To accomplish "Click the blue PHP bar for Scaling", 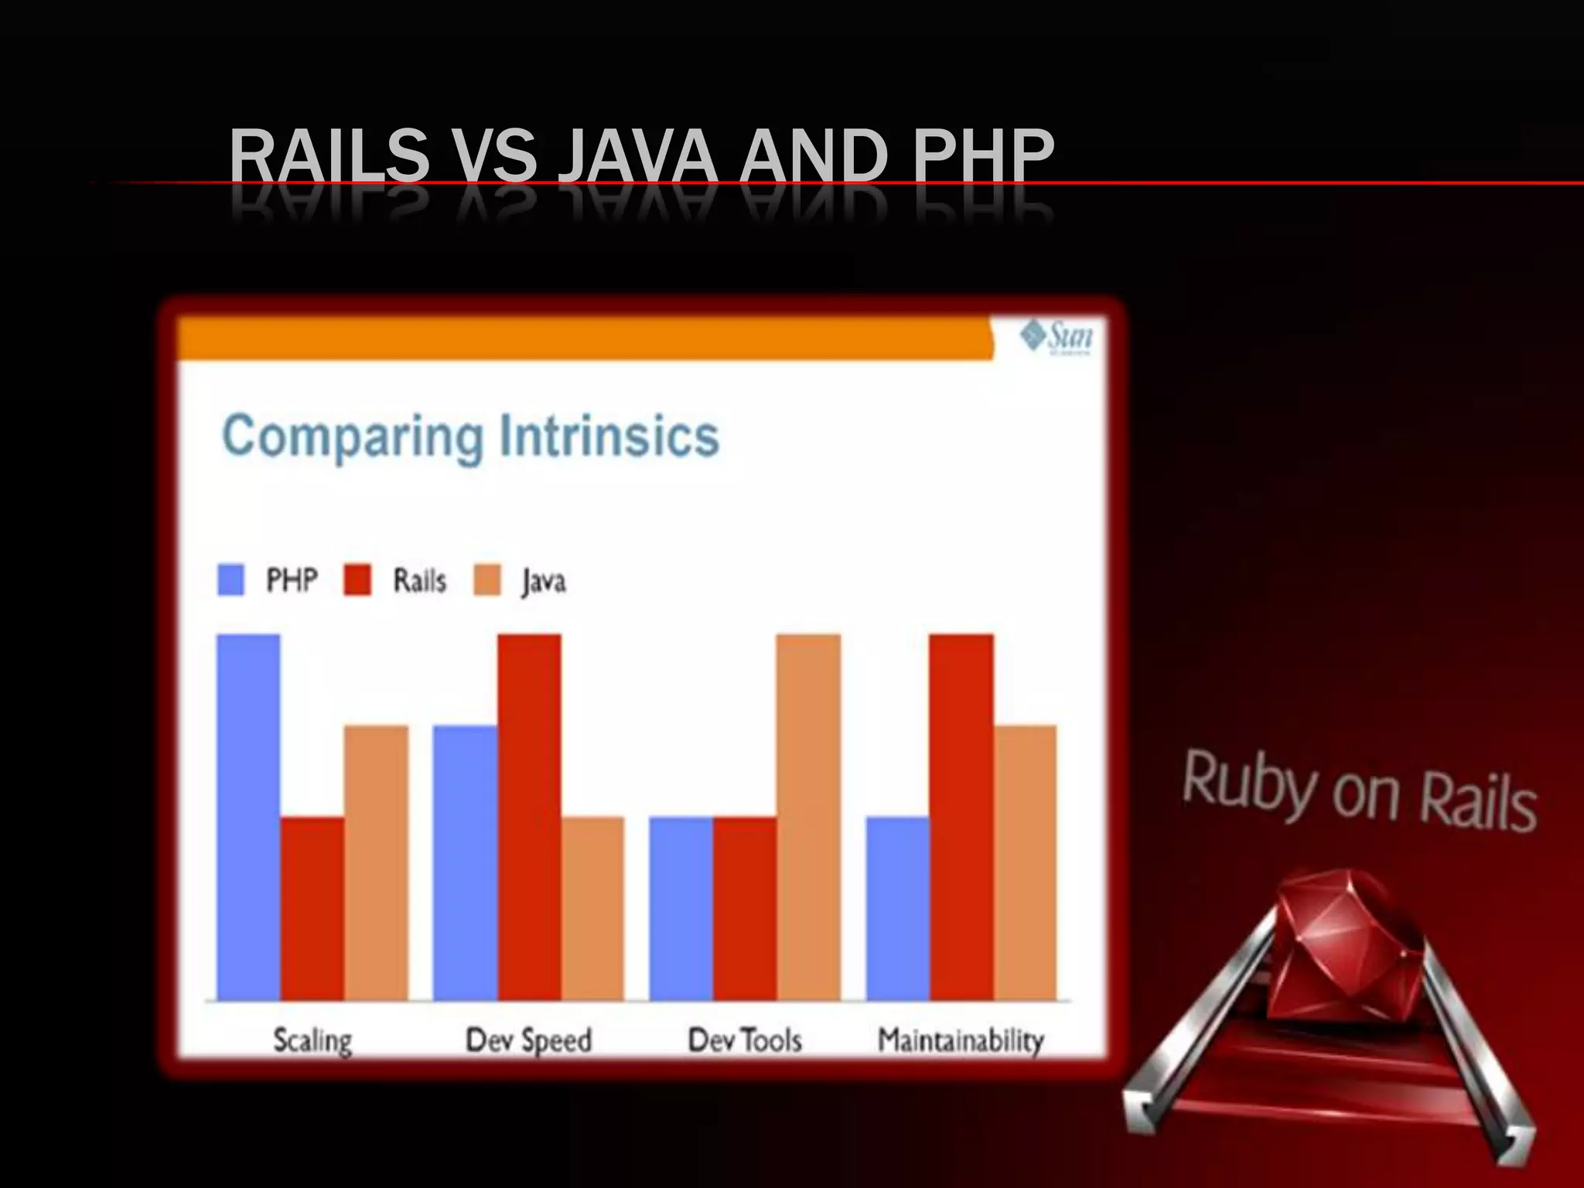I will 248,817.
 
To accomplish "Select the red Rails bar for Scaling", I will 312,908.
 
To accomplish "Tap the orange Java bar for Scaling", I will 376,862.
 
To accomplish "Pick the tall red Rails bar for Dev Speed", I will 529,817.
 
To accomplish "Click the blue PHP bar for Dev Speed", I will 465,862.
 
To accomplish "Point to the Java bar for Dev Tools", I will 808,817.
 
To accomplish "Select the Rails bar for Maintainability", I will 961,817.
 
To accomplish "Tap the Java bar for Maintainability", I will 1025,862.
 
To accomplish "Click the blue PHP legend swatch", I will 231,580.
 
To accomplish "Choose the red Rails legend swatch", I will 357,580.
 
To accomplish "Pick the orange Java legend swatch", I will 487,580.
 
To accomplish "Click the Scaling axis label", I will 312,1040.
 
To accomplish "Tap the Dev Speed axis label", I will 529,1040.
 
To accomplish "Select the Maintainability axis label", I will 961,1040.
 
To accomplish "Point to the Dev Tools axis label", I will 745,1040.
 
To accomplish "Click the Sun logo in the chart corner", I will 1057,336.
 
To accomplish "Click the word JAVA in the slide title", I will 637,156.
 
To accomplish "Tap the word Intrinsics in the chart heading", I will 609,437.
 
